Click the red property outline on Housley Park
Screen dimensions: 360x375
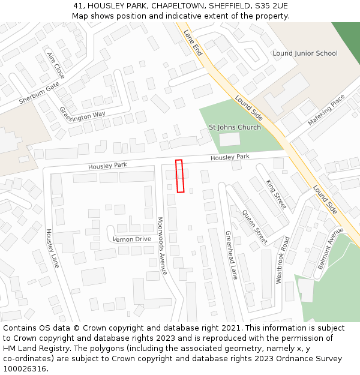(x=179, y=176)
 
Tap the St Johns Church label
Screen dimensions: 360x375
(x=235, y=127)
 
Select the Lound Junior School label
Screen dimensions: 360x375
(x=305, y=53)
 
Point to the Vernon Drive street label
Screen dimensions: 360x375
(x=132, y=239)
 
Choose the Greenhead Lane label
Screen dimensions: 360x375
(x=232, y=255)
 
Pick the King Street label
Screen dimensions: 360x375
(x=276, y=193)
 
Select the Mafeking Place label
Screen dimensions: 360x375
(x=327, y=109)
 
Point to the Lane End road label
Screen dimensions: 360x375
(x=193, y=43)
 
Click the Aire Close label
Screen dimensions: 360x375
(x=55, y=65)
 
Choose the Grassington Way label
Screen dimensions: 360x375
(x=82, y=113)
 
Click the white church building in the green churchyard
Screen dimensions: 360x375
(x=229, y=139)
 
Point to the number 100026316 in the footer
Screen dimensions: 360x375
(x=25, y=368)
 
